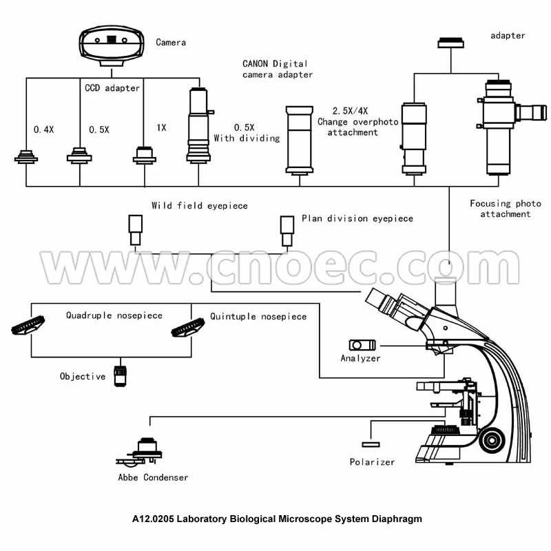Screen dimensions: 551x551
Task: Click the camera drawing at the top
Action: pos(112,45)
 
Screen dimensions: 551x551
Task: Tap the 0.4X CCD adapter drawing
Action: pos(27,158)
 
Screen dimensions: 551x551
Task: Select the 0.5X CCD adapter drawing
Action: pos(80,156)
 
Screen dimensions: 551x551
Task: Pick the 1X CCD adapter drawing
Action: pos(144,155)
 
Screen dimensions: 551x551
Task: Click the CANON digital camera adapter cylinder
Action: pos(300,138)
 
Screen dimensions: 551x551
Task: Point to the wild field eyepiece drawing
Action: pos(135,229)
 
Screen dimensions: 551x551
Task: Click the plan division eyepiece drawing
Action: pos(287,229)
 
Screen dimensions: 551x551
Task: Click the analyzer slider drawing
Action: pos(362,344)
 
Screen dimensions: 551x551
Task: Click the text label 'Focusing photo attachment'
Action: pos(500,209)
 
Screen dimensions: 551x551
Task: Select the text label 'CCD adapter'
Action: pos(112,88)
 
